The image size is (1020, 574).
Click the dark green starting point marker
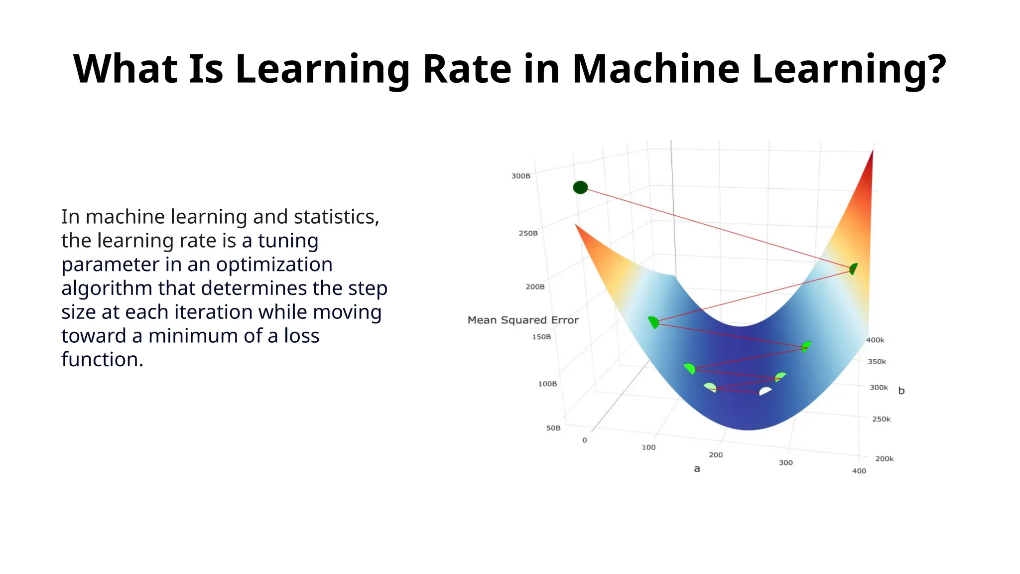tap(580, 187)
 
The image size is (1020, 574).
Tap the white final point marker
tap(765, 391)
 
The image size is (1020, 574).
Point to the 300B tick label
tap(520, 176)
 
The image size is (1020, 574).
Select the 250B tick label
tap(528, 233)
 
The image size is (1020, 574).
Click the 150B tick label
tap(541, 337)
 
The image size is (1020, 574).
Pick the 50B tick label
tap(553, 428)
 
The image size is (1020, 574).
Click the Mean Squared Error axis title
tap(523, 320)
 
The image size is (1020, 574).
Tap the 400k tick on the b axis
tap(875, 340)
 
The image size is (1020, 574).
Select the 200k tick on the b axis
tap(884, 458)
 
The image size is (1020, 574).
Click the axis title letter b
tap(901, 391)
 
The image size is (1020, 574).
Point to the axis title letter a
tap(697, 469)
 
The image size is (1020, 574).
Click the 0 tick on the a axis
tap(585, 440)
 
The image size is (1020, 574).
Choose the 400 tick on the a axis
tap(859, 471)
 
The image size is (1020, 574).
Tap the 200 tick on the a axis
tap(716, 455)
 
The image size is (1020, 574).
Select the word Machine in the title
tap(655, 68)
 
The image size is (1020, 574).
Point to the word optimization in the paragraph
tap(274, 264)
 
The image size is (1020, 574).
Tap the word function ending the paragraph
tap(102, 359)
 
